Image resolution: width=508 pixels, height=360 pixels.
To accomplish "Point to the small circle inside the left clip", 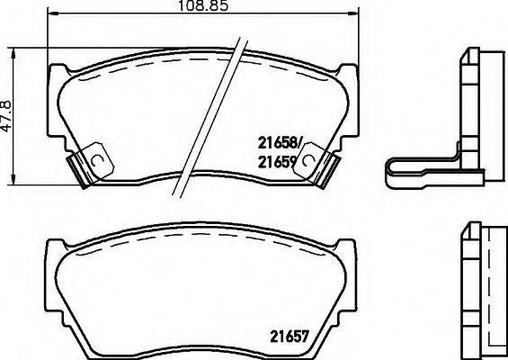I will coord(97,159).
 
